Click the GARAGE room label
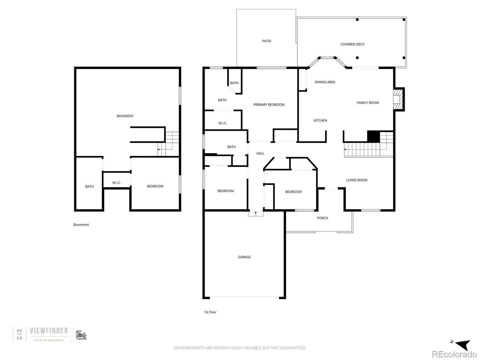(x=244, y=257)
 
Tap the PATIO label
(x=266, y=41)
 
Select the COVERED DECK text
(x=352, y=44)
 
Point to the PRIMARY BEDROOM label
(x=268, y=105)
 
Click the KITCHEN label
(x=320, y=120)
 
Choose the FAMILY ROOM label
(x=367, y=103)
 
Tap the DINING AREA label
(x=325, y=82)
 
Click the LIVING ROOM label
(x=356, y=180)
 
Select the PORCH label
(x=322, y=218)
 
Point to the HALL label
(x=260, y=153)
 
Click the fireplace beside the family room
(x=398, y=99)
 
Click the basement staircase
(x=169, y=144)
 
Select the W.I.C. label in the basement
(x=116, y=183)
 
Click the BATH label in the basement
(x=89, y=186)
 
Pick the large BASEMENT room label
(x=125, y=116)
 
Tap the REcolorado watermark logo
(x=454, y=354)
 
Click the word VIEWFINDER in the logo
(x=49, y=331)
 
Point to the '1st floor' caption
(x=210, y=312)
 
